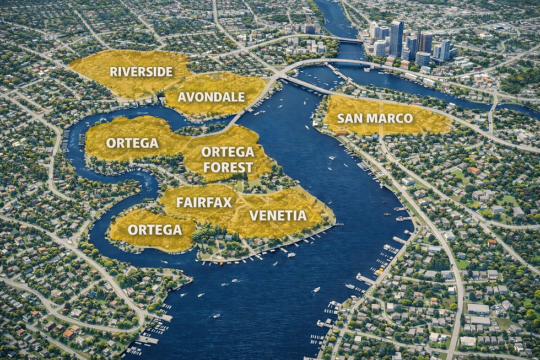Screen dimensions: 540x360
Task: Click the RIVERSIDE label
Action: point(141,71)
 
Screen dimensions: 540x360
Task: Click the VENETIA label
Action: point(278,215)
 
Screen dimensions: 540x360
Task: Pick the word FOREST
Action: point(228,167)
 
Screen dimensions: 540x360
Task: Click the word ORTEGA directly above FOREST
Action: point(228,152)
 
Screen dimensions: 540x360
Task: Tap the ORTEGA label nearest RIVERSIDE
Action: point(132,143)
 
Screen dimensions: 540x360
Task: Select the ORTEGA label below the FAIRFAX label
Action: point(155,229)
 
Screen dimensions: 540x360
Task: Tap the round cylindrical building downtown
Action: point(423,58)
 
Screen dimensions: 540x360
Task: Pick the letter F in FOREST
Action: point(207,167)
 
